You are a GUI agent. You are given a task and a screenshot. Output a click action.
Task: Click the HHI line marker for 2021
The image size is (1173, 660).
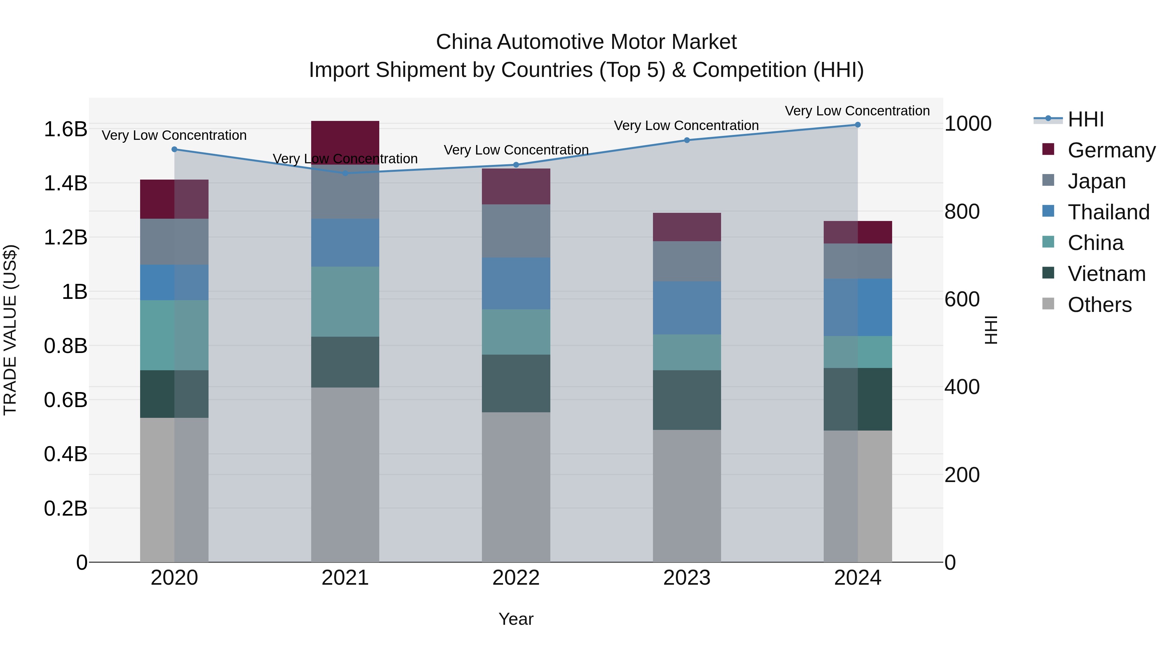345,173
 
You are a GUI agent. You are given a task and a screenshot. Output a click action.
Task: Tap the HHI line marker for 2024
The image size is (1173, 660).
858,125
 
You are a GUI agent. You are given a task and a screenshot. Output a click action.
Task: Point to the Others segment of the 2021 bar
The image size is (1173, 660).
345,474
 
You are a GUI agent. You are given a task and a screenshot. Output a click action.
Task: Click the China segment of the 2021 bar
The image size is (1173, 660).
345,301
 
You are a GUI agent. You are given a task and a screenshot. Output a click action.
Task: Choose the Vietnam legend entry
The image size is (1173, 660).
1106,274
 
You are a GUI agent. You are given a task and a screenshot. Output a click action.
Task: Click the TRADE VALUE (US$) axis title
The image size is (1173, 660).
10,330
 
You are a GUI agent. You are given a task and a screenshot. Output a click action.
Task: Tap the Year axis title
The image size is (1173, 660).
515,619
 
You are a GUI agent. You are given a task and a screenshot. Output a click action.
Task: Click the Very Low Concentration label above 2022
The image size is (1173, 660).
516,150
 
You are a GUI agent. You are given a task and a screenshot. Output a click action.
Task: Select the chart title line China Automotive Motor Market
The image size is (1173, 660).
586,42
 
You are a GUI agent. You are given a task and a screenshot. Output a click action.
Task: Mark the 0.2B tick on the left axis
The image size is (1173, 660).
65,508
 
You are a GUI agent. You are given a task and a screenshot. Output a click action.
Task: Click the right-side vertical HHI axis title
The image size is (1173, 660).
991,330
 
